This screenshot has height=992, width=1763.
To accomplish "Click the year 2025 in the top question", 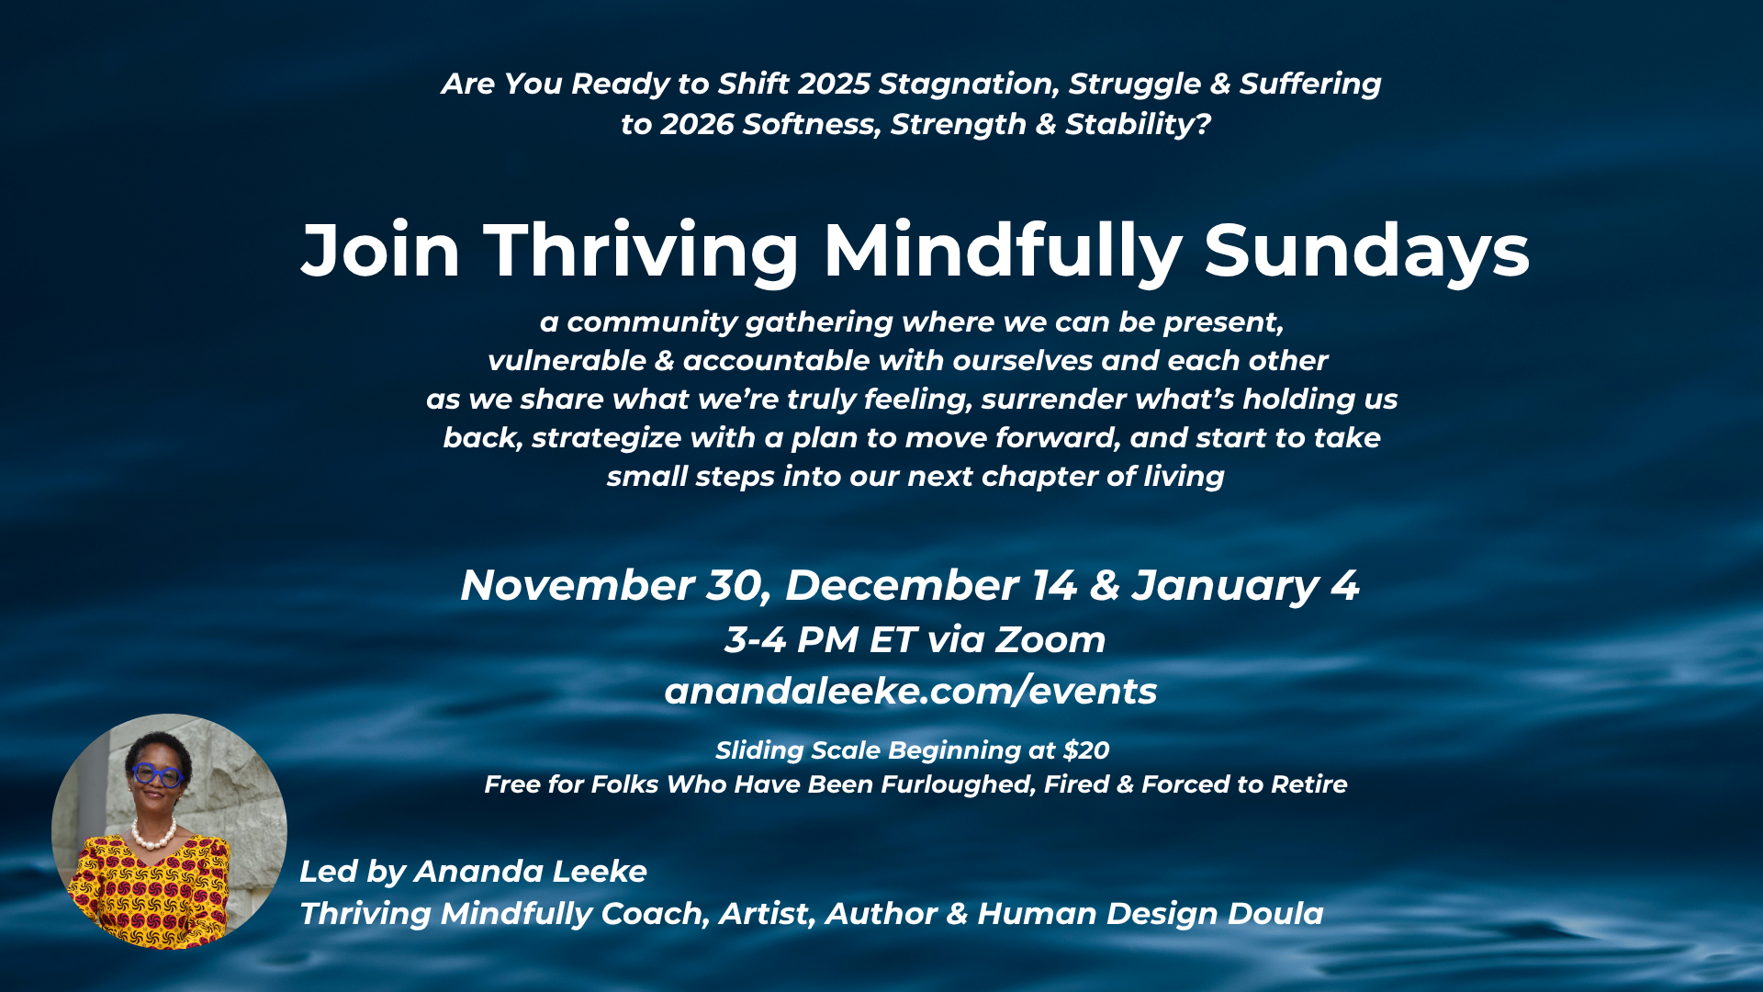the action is pyautogui.click(x=834, y=84).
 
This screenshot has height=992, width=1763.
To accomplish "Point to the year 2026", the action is pyautogui.click(x=697, y=124).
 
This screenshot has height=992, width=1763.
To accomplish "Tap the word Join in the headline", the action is pyautogui.click(x=380, y=251).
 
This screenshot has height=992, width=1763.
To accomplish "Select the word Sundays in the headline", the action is pyautogui.click(x=1366, y=251).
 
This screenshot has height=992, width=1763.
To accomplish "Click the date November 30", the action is pyautogui.click(x=614, y=586).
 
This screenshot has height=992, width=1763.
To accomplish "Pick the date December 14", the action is pyautogui.click(x=930, y=586).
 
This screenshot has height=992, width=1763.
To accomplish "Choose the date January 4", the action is pyautogui.click(x=1244, y=586).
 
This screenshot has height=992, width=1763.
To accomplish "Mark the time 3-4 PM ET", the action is pyautogui.click(x=821, y=640).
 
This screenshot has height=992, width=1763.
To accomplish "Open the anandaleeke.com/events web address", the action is pyautogui.click(x=911, y=691).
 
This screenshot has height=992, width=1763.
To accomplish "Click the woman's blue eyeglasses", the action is pyautogui.click(x=158, y=775).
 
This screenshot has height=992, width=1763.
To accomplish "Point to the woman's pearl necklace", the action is pyautogui.click(x=154, y=833).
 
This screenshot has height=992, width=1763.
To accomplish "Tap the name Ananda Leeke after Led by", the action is pyautogui.click(x=531, y=872).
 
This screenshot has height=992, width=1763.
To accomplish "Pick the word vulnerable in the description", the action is pyautogui.click(x=567, y=361).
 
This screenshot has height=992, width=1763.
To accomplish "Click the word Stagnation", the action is pyautogui.click(x=970, y=84).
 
